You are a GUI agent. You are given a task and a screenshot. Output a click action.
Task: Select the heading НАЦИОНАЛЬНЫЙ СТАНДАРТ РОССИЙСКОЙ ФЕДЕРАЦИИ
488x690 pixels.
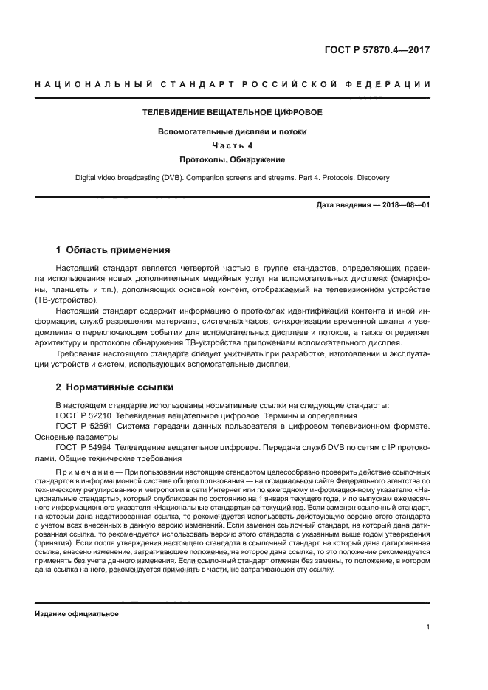tap(233, 84)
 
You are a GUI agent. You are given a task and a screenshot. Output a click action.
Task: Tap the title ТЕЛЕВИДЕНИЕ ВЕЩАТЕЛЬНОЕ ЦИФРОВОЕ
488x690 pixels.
tap(233, 113)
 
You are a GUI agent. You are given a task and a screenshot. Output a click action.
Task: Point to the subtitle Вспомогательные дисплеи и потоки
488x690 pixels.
tap(233, 131)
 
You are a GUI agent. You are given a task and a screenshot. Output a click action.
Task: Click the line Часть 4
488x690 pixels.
tap(233, 145)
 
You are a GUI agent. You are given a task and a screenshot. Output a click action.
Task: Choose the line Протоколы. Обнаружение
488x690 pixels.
tap(233, 159)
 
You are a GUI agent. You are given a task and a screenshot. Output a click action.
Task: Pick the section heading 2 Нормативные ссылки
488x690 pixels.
tap(115, 387)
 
